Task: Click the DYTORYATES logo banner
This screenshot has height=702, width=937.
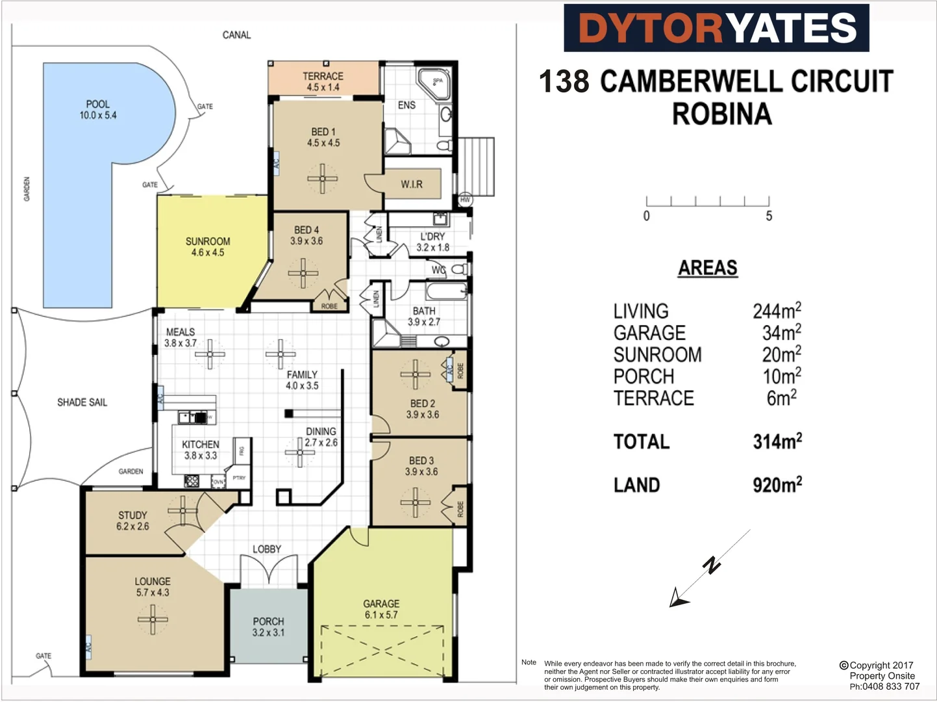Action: click(x=716, y=28)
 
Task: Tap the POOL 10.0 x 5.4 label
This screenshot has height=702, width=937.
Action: click(x=98, y=110)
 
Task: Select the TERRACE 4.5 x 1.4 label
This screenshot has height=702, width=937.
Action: click(x=323, y=82)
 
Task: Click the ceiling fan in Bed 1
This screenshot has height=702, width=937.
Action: click(x=322, y=178)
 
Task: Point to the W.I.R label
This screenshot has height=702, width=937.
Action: click(x=412, y=185)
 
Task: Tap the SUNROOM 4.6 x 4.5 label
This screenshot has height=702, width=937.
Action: click(x=208, y=247)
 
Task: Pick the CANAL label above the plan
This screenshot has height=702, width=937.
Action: click(x=236, y=35)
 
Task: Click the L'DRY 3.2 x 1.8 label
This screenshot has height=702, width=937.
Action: click(x=432, y=242)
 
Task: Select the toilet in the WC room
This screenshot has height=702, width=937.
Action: click(x=458, y=268)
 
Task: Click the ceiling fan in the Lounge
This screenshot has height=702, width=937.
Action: click(x=153, y=619)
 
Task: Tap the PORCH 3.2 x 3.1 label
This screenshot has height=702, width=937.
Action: click(x=268, y=627)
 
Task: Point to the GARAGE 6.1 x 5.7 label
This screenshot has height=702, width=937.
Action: click(x=381, y=609)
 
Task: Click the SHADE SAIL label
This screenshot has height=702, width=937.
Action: click(x=82, y=402)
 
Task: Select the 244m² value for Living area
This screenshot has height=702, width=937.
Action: click(x=777, y=311)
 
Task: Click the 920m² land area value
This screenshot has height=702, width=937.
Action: click(x=777, y=485)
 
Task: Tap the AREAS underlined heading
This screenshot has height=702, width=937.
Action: click(x=708, y=268)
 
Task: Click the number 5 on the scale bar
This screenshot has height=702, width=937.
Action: click(x=769, y=216)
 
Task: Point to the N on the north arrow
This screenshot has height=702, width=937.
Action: click(x=712, y=565)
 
